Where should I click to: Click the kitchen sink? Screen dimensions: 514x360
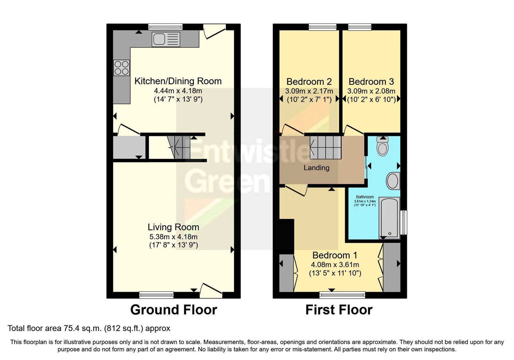tap(166, 39)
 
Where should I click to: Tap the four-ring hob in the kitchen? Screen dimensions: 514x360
tap(122, 68)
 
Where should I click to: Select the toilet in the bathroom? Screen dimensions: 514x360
tap(383, 146)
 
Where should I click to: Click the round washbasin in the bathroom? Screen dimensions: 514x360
tap(393, 181)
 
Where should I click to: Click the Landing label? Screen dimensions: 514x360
tap(316, 168)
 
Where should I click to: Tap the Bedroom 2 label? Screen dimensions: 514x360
tap(309, 82)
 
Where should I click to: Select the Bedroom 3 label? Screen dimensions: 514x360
tap(371, 82)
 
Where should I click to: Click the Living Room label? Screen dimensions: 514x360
tap(173, 227)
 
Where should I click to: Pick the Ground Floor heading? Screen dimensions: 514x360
tap(174, 310)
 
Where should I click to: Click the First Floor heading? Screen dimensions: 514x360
tap(339, 310)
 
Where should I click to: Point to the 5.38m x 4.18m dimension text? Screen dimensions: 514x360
tap(173, 237)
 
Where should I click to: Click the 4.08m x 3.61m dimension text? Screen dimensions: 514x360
tap(335, 265)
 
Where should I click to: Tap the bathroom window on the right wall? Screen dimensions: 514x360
tap(403, 222)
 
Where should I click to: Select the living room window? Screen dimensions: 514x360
tap(156, 295)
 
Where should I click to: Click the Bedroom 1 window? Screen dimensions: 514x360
tap(342, 295)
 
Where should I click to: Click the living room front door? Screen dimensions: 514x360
tap(211, 291)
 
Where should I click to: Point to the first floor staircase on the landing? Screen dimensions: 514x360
tap(325, 148)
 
